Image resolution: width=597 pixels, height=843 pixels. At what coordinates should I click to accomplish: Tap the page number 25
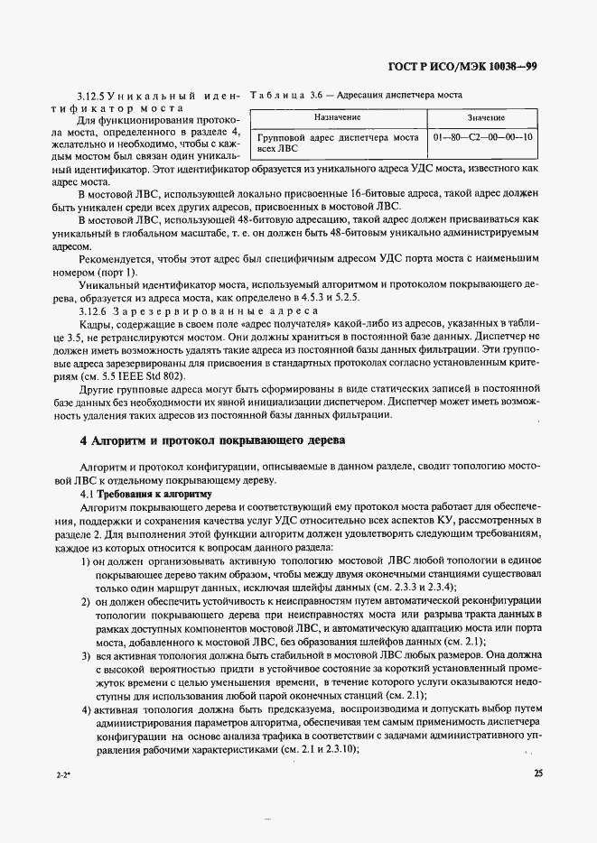point(538,773)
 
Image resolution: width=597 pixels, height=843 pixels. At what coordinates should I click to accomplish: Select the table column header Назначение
point(337,117)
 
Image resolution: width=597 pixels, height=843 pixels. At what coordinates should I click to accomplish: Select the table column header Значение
point(486,117)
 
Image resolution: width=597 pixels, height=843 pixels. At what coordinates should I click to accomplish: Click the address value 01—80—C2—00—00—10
point(483,138)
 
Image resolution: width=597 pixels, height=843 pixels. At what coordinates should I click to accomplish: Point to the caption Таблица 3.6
point(280,95)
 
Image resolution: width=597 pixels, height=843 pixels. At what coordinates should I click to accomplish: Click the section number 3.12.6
point(94,310)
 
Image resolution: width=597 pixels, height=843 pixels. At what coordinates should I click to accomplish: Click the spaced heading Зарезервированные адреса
point(217,310)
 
